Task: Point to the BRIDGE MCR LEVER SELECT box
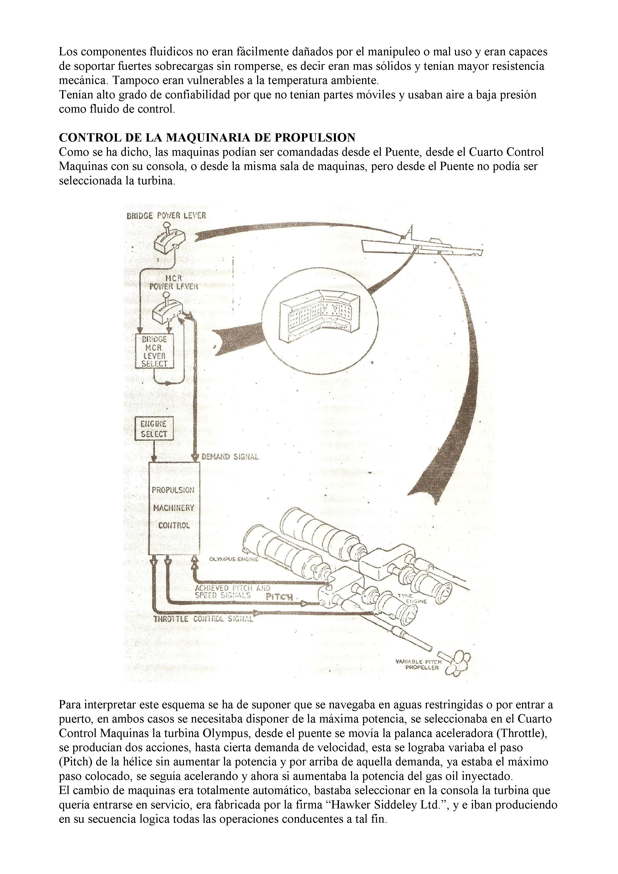pyautogui.click(x=154, y=351)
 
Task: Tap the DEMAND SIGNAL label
pyautogui.click(x=230, y=457)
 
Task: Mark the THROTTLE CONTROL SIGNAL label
pyautogui.click(x=203, y=619)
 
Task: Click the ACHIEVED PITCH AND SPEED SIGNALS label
pyautogui.click(x=232, y=591)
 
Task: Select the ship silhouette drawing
pyautogui.click(x=422, y=244)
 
